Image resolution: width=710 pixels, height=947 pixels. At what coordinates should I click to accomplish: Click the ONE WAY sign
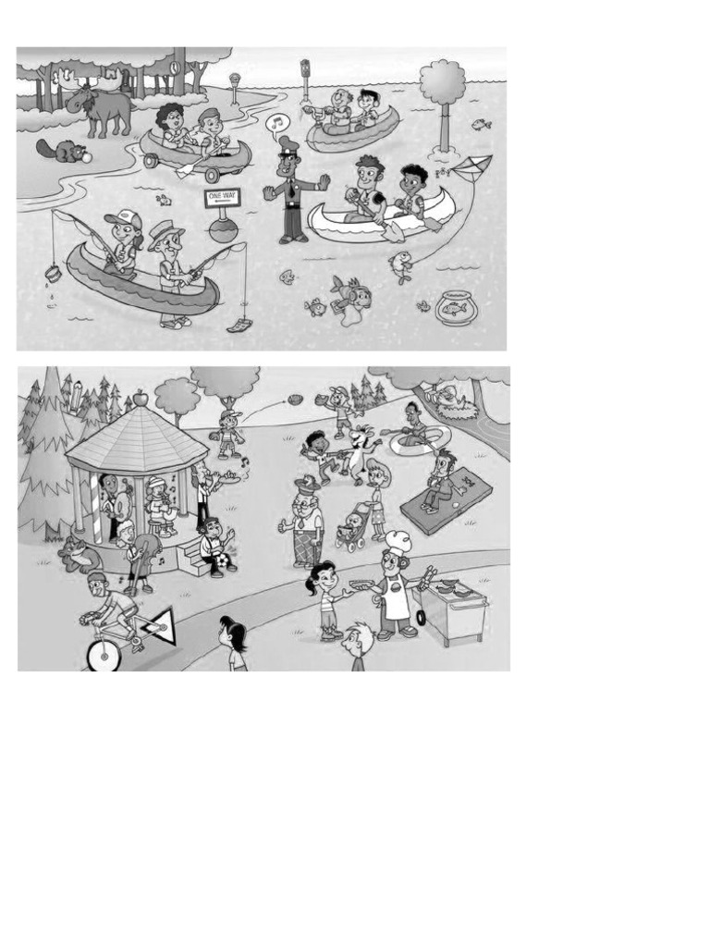[222, 198]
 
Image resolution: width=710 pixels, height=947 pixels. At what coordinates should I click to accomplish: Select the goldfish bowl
[458, 307]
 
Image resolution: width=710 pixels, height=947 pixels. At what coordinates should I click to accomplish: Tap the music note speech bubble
[277, 123]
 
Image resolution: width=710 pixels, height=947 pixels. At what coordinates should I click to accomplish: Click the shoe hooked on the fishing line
[239, 324]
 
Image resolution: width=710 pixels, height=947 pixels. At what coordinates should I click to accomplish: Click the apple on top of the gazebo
[141, 398]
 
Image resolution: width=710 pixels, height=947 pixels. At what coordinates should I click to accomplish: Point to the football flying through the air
[295, 400]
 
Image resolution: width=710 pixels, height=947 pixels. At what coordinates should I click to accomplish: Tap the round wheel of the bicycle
[104, 654]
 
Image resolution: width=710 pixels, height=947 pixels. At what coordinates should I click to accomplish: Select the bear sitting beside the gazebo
[80, 554]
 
